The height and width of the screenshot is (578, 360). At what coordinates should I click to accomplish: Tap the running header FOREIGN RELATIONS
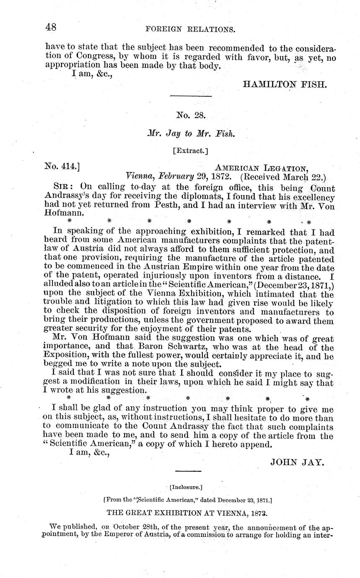click(x=190, y=30)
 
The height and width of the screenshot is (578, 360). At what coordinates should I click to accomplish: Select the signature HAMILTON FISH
click(x=284, y=84)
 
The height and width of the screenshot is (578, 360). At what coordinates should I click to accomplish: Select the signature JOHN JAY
click(x=297, y=462)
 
